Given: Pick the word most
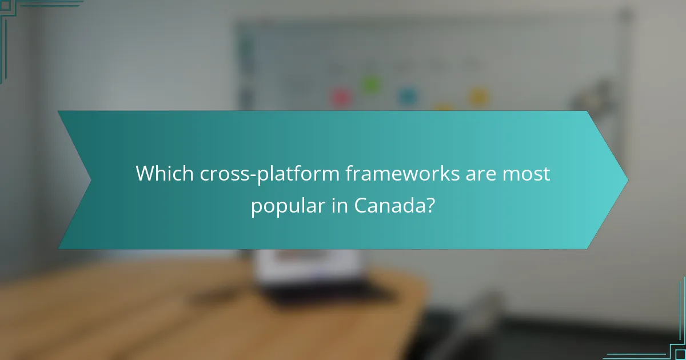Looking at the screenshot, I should click(x=527, y=174).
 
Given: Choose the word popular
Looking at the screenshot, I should click(x=287, y=206).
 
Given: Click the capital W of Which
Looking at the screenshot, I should click(x=145, y=174).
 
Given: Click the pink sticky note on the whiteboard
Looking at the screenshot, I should click(x=341, y=98).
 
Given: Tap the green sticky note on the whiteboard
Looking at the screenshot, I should click(x=370, y=85).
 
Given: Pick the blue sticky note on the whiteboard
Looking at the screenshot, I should click(x=406, y=97).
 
